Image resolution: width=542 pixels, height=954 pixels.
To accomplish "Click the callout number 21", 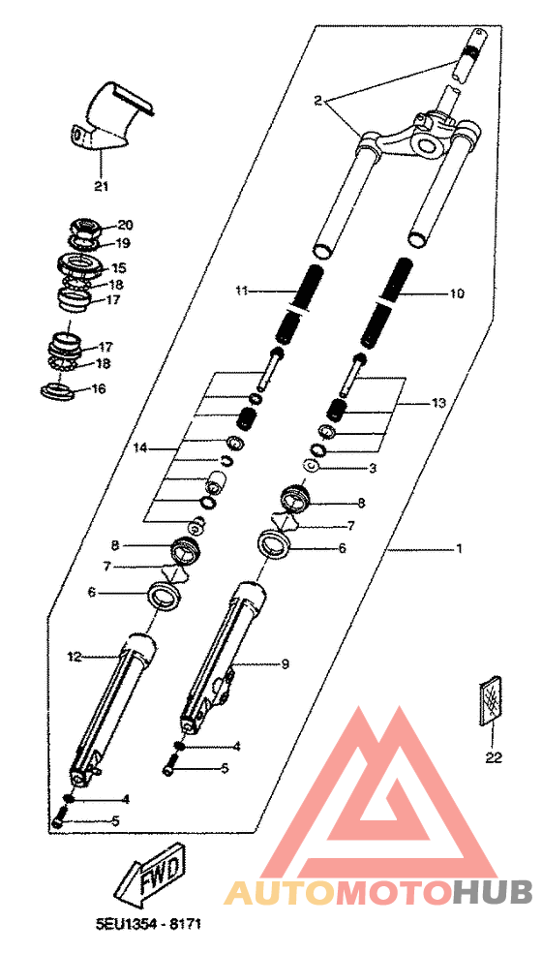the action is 101,186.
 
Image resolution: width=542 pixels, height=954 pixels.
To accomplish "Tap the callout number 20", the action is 125,225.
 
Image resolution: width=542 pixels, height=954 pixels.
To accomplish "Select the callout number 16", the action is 98,388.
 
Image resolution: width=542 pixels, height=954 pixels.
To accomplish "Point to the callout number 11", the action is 243,292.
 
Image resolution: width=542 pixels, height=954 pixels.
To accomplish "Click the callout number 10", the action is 457,293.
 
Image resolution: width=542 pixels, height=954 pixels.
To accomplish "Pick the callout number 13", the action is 438,403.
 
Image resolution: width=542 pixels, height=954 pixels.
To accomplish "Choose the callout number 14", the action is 141,448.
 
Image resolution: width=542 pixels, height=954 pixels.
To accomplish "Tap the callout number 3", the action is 374,469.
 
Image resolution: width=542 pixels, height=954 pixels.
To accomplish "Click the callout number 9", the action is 286,663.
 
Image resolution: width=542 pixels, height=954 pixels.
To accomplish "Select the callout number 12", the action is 75,657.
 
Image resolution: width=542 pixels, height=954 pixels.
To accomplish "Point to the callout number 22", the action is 494,757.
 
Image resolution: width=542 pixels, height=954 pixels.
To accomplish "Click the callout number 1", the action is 460,549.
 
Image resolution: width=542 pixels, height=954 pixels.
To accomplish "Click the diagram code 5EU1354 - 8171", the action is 148,924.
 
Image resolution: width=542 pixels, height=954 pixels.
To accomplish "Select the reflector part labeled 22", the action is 492,700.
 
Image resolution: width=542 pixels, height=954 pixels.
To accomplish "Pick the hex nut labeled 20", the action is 86,228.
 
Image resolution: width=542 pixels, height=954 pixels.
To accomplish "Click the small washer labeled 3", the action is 311,466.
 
